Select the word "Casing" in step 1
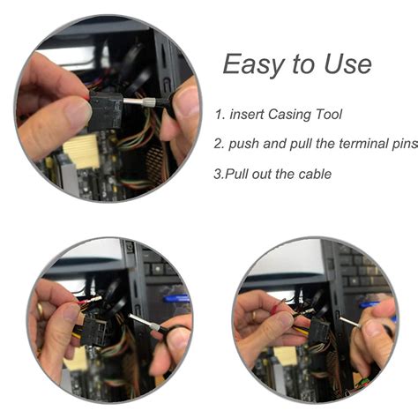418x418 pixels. coord(295,115)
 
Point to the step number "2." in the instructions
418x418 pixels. coord(219,144)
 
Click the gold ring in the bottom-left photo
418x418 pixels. coord(40,310)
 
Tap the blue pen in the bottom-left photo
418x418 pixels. coord(176,299)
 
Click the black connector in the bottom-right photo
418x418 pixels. coord(315,333)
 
